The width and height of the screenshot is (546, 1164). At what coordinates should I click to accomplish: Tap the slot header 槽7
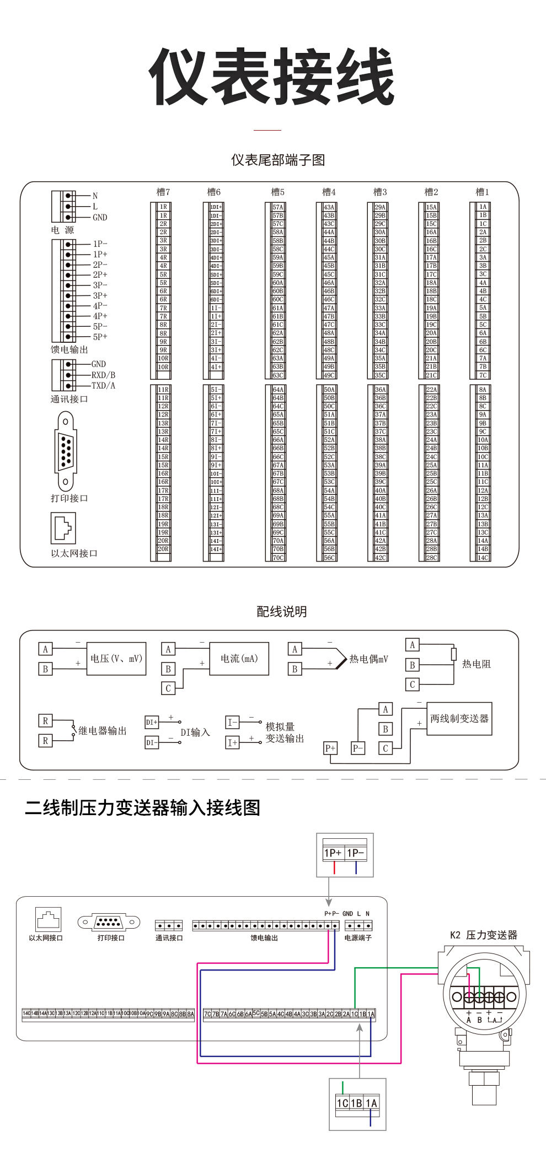tap(163, 192)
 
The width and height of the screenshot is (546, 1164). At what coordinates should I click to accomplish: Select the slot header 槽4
tap(329, 192)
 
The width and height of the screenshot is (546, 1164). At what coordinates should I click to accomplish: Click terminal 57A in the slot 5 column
tap(278, 207)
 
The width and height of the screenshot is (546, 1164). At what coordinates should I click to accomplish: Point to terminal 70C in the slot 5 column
tap(278, 558)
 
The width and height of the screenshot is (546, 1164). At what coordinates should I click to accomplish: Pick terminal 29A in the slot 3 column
tap(380, 207)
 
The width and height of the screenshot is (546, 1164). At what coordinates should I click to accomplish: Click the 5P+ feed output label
tap(100, 337)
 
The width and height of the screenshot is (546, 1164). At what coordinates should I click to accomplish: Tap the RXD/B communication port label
tap(103, 375)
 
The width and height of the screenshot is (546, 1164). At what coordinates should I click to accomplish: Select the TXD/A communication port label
tap(103, 386)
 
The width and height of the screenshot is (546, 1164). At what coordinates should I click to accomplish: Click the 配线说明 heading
tap(281, 612)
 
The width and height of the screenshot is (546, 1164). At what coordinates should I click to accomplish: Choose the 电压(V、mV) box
tap(116, 659)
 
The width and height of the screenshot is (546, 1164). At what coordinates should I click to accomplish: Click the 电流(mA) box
tap(239, 659)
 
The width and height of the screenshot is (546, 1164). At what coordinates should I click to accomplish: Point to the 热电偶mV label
tap(368, 659)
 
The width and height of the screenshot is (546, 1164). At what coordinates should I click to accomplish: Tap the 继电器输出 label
tap(103, 731)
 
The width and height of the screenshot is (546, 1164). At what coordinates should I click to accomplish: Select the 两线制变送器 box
tap(459, 719)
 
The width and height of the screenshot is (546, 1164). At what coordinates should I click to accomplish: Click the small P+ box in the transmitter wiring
tap(330, 748)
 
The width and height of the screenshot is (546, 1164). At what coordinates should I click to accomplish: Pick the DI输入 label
tap(195, 732)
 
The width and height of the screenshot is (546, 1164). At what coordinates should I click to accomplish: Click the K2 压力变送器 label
tap(484, 935)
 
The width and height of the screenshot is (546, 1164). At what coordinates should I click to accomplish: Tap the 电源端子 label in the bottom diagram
tap(358, 937)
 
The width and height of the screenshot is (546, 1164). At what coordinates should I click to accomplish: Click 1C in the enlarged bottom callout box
tap(342, 1103)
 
